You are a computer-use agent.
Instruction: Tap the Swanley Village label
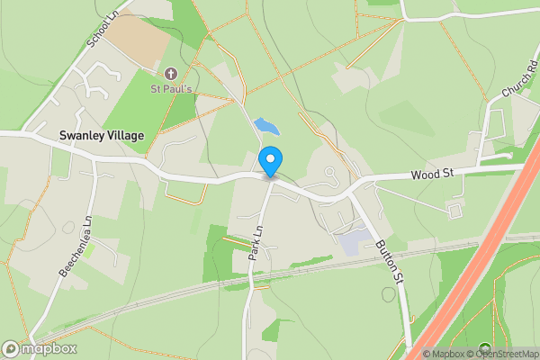tap(101, 135)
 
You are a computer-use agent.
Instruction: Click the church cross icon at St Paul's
tap(171, 72)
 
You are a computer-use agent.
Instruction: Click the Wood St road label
tap(431, 174)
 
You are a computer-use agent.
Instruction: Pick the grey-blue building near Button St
tap(353, 239)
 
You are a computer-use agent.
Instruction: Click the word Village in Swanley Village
tap(126, 135)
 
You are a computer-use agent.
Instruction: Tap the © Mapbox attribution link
tap(447, 354)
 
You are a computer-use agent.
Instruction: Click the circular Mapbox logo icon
tap(11, 349)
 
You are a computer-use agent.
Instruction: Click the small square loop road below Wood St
tap(454, 211)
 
